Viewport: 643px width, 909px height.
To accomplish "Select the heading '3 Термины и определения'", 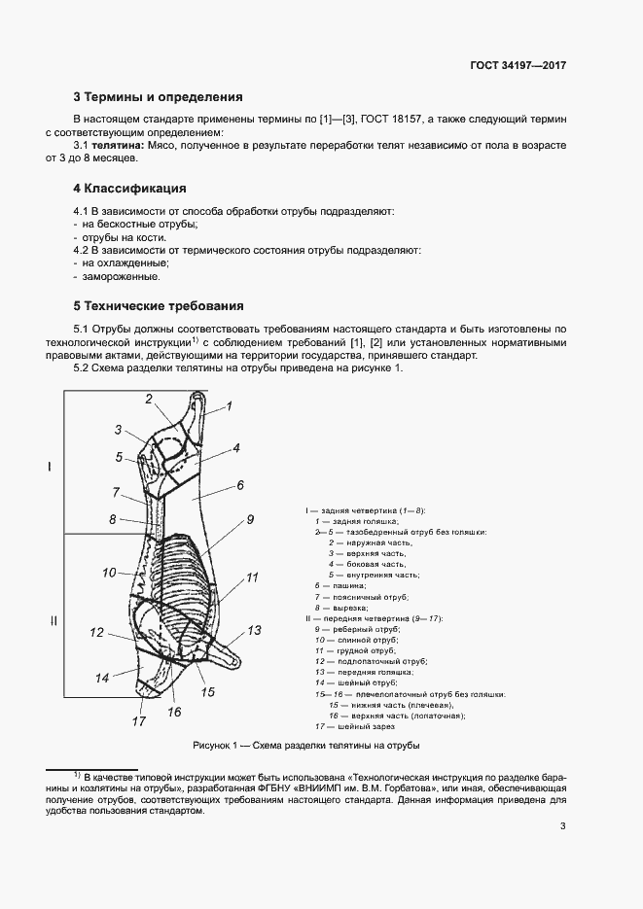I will pos(158,97).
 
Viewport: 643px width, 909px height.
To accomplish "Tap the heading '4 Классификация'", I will pos(129,188).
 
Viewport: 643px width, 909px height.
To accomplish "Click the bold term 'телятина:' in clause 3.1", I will pos(117,145).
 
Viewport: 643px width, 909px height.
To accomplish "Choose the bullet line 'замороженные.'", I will pos(121,276).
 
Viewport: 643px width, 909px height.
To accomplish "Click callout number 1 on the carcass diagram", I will pos(230,407).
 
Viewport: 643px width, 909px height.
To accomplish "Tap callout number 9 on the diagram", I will pos(249,520).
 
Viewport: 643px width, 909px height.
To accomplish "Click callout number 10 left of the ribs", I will pos(109,572).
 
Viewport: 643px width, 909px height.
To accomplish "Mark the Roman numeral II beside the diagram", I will pos(54,620).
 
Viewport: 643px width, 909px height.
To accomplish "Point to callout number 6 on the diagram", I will pos(239,484).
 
